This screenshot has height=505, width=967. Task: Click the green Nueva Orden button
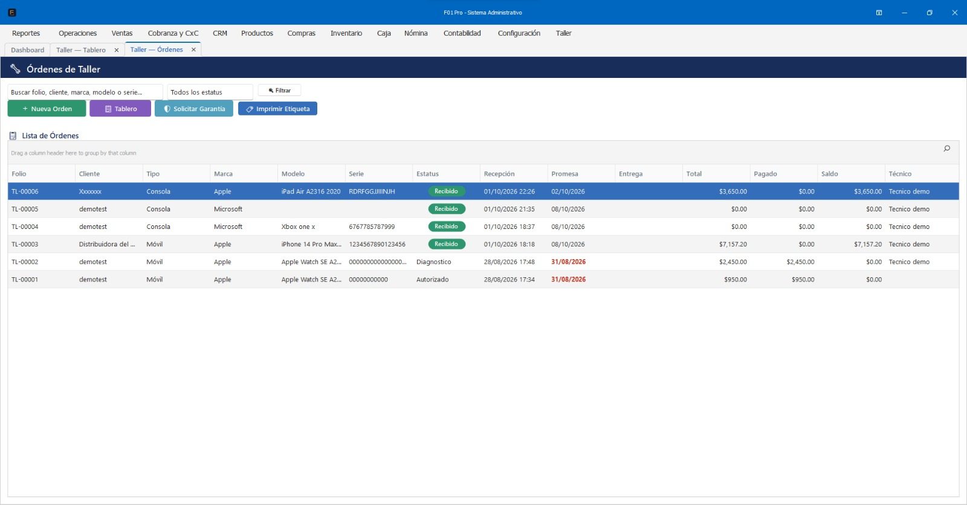pos(47,109)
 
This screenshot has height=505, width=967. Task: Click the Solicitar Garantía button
pos(194,109)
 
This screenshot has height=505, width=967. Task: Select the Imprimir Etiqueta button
pos(277,109)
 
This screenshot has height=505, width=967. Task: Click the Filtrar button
pos(279,91)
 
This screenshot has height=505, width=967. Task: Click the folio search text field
pos(85,92)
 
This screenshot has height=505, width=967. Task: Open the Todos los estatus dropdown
pos(210,92)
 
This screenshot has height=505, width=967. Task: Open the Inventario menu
pos(346,33)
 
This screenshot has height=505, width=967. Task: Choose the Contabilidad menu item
pos(462,33)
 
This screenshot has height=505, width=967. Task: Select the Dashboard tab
pos(28,50)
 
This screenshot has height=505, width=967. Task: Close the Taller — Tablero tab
pos(117,50)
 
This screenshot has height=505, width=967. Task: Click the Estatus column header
pos(427,174)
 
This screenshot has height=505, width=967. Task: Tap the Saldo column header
pos(829,174)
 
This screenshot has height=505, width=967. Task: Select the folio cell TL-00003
pos(25,244)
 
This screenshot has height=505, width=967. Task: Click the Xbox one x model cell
pos(299,227)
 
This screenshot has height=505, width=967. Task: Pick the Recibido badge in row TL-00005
pos(447,209)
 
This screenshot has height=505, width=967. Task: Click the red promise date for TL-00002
pos(569,262)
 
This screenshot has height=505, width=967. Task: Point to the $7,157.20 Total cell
pos(733,244)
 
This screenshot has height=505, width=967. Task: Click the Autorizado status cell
pos(433,280)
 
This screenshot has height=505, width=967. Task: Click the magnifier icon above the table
pos(946,149)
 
